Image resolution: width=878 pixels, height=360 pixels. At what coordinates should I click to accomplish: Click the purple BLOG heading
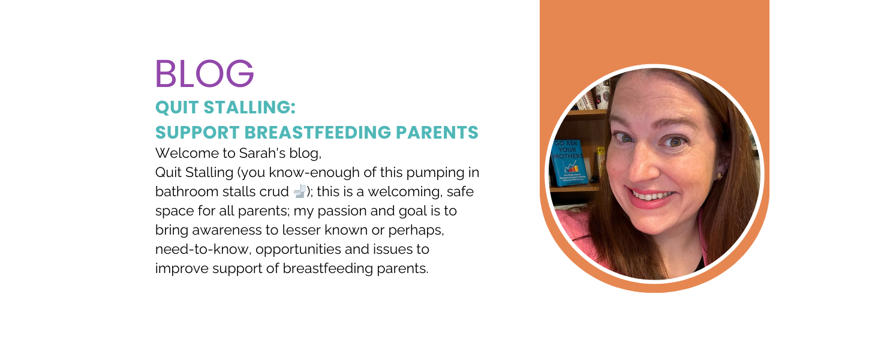tap(205, 73)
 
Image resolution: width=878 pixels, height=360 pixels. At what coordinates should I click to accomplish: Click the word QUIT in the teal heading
tap(176, 107)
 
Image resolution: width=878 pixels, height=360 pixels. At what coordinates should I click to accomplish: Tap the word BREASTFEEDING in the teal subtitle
tap(317, 133)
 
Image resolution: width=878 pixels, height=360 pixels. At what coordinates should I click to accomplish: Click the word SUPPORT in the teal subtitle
tap(197, 133)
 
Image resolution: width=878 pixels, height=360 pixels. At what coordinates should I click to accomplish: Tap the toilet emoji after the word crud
tap(299, 191)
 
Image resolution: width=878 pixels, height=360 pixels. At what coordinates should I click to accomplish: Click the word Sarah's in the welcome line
tap(262, 153)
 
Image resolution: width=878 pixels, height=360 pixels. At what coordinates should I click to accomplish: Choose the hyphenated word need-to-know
tap(203, 250)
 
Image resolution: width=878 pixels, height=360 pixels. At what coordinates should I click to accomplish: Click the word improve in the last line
tap(182, 269)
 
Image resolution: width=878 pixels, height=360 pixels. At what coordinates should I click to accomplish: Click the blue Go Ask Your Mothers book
tap(569, 163)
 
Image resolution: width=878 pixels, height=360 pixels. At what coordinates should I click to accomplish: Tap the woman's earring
tap(719, 176)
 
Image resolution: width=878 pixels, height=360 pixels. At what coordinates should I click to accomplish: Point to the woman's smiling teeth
tap(651, 196)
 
